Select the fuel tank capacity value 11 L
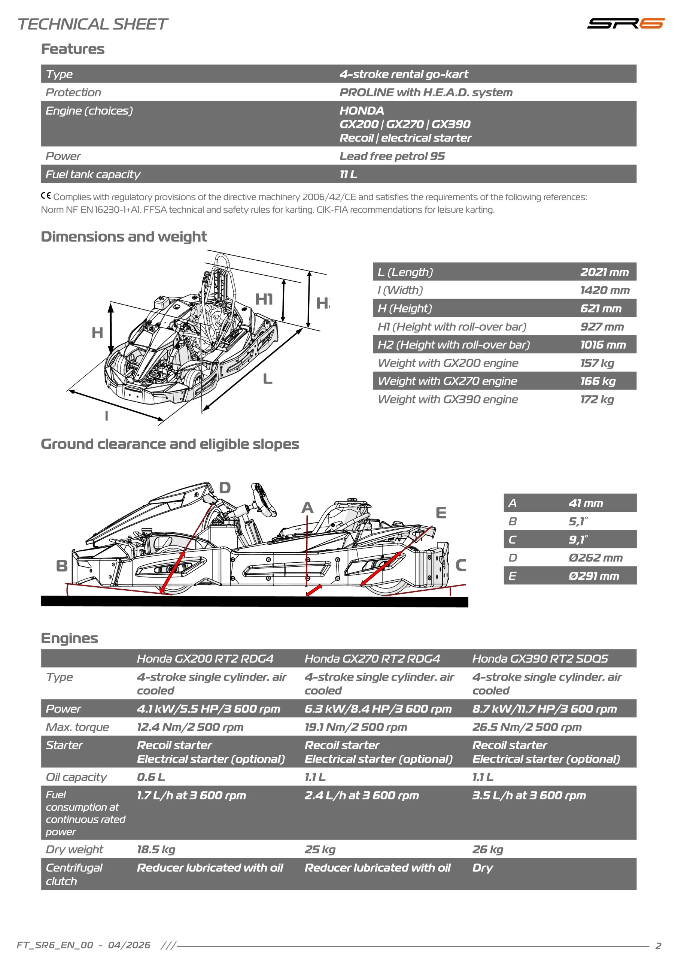(348, 174)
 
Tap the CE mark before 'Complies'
(46, 196)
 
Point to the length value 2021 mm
(604, 272)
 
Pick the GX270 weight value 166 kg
(598, 381)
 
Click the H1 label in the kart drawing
(264, 299)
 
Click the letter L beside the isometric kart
(268, 379)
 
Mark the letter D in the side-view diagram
(225, 487)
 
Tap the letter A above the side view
(307, 508)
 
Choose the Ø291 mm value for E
(594, 576)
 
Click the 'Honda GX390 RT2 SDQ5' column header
(540, 659)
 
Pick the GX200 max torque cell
(190, 727)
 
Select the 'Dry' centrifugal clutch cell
(482, 868)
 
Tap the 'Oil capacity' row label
(76, 777)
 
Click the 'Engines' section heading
(69, 638)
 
